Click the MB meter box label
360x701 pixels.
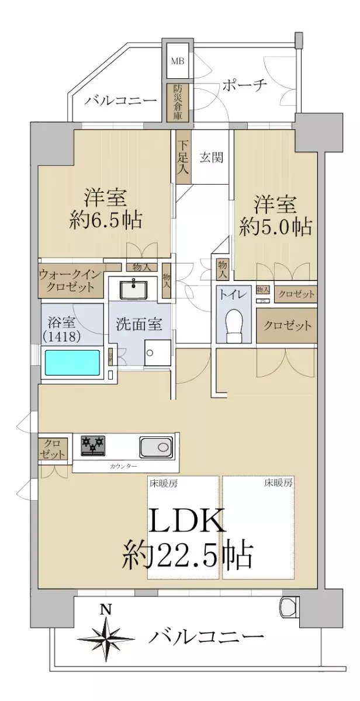click(177, 60)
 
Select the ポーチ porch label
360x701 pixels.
click(244, 86)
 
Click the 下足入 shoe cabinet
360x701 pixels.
click(182, 157)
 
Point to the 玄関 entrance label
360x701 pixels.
click(209, 157)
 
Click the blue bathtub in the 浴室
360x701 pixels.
click(72, 362)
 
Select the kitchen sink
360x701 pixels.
click(156, 447)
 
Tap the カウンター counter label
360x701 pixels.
click(124, 466)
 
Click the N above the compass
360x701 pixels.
click(105, 610)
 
